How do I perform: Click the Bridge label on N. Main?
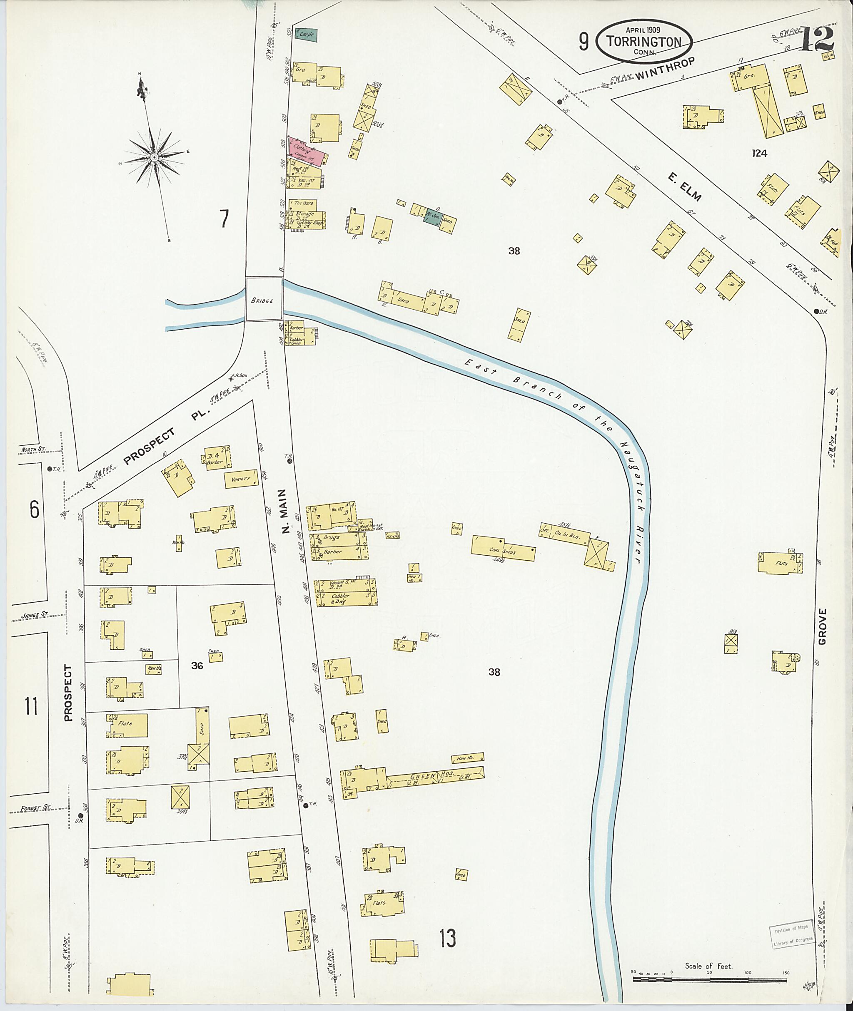[x=264, y=300]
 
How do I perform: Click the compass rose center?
[x=154, y=158]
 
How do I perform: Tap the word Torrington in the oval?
[x=645, y=42]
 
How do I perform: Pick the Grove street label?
[x=823, y=626]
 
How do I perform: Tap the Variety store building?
[x=240, y=480]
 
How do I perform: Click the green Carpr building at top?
[x=306, y=35]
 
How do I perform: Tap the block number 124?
[x=759, y=153]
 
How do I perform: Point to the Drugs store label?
[x=332, y=537]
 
